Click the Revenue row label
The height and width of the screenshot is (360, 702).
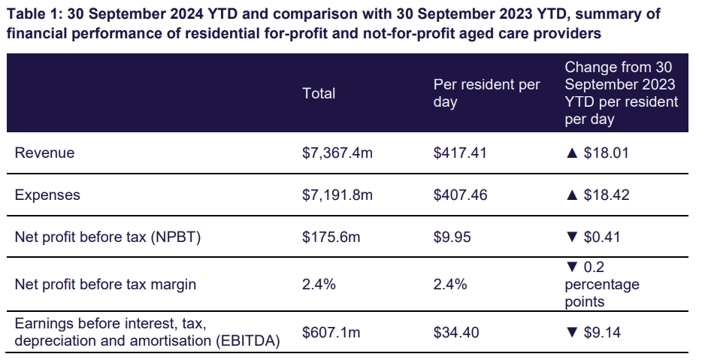pos(44,153)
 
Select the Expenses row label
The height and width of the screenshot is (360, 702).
pos(47,195)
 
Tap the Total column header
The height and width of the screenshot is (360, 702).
pos(319,93)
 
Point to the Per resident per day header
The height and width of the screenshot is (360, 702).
pos(486,93)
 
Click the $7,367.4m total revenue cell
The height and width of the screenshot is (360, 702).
pos(337,153)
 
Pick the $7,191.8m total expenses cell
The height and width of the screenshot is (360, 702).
pos(337,195)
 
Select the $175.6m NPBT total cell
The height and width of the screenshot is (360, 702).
pos(331,237)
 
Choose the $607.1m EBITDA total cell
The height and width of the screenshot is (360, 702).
pos(331,332)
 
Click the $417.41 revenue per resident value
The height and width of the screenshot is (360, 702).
pos(460,153)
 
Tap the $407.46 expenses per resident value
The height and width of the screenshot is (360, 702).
pos(460,195)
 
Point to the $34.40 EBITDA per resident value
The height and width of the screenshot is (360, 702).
pos(457,332)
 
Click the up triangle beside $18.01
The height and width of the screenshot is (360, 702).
pos(572,153)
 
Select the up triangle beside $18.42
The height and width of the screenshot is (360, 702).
pos(572,195)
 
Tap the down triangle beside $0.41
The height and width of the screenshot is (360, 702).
pos(572,237)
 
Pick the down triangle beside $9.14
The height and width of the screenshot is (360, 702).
pos(572,332)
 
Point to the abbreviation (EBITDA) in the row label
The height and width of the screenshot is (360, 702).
pos(243,340)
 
